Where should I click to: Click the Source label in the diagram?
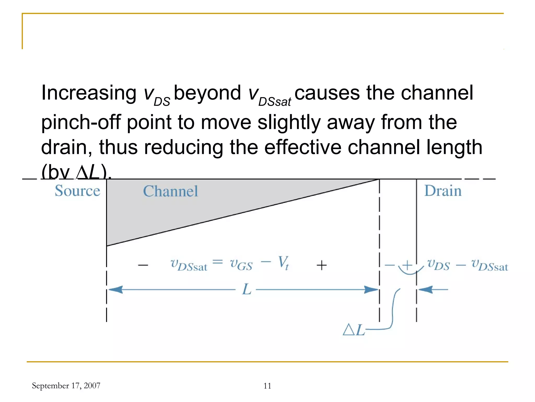[77, 191]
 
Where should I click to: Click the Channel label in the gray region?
[170, 191]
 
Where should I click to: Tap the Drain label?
[443, 191]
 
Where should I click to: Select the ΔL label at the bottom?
[354, 330]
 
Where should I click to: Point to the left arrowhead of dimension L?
[115, 290]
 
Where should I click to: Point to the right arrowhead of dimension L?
[371, 290]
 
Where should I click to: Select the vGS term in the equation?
[241, 264]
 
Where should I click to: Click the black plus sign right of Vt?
[322, 265]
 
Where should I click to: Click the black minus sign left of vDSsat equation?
[143, 265]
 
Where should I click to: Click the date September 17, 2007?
[66, 386]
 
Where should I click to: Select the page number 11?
[267, 386]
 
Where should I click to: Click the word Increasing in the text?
[89, 93]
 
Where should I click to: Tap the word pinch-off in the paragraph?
[81, 122]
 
